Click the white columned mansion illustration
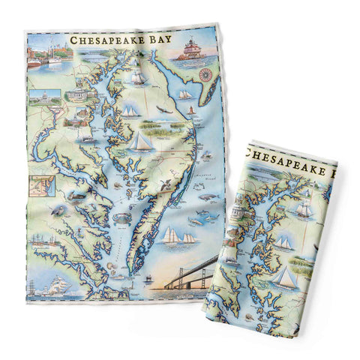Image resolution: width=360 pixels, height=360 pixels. (79, 94)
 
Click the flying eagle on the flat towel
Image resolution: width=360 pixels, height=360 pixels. (160, 110)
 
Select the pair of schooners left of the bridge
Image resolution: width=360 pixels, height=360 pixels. (178, 236)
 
